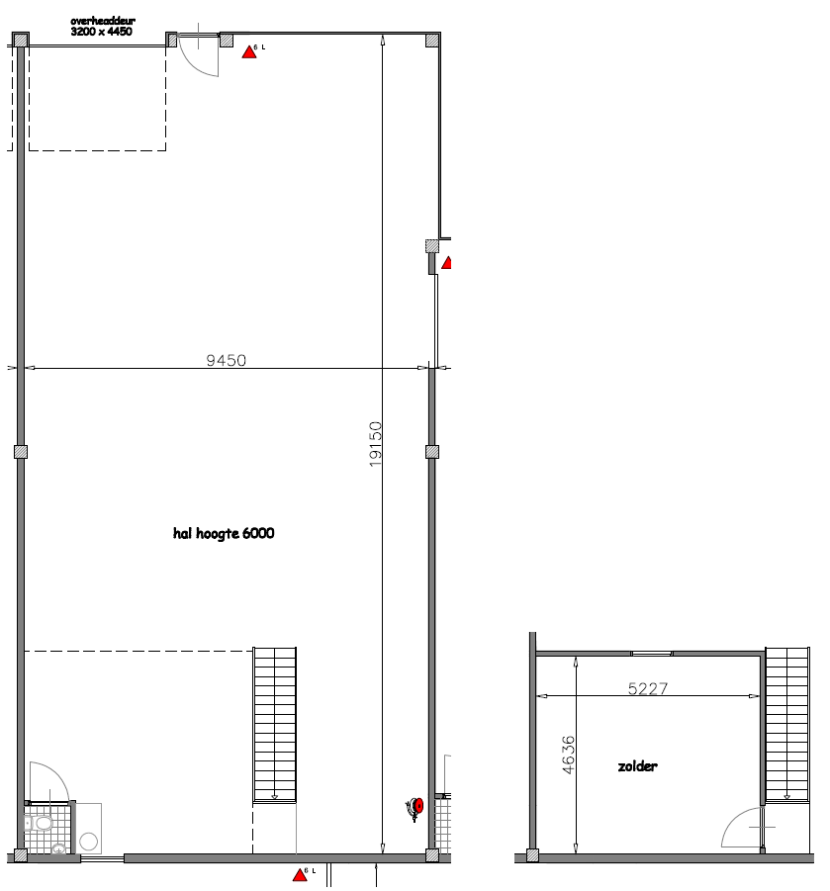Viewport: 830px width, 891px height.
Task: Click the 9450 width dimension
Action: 226,360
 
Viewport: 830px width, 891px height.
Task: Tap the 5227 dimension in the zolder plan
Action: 649,689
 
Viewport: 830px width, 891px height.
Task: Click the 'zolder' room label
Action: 637,766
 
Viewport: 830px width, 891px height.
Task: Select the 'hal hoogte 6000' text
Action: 224,533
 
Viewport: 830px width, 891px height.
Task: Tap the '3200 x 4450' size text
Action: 102,32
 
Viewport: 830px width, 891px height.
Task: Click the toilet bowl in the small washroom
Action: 44,823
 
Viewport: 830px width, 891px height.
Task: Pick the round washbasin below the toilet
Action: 59,847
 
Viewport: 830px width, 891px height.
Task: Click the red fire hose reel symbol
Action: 416,806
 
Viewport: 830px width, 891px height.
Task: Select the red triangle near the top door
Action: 249,51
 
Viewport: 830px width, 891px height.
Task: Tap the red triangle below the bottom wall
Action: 299,874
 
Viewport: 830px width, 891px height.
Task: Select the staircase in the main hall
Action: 275,724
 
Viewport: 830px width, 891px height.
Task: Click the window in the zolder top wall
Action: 652,653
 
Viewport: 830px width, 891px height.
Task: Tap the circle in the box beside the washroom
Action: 89,842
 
